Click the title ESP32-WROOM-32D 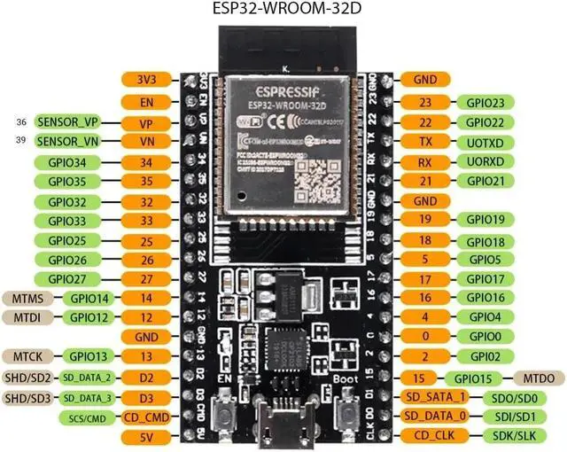click(283, 11)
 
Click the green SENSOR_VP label click(66, 121)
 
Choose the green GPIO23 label click(485, 102)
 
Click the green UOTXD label click(485, 142)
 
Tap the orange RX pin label click(424, 161)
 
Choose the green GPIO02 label click(485, 357)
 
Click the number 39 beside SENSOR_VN click(22, 141)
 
